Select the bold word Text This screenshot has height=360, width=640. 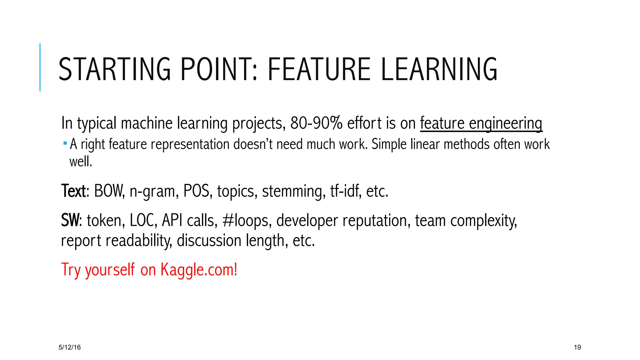tap(73, 191)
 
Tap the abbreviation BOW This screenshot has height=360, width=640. tap(109, 191)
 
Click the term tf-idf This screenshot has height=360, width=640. tap(345, 191)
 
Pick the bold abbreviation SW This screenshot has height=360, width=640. tap(71, 220)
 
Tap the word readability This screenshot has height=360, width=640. tap(138, 241)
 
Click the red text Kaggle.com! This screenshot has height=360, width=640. tap(199, 270)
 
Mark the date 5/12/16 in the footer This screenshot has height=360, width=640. tap(70, 347)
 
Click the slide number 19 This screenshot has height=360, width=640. tap(577, 347)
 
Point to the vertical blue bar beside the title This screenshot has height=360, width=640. tap(40, 67)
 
